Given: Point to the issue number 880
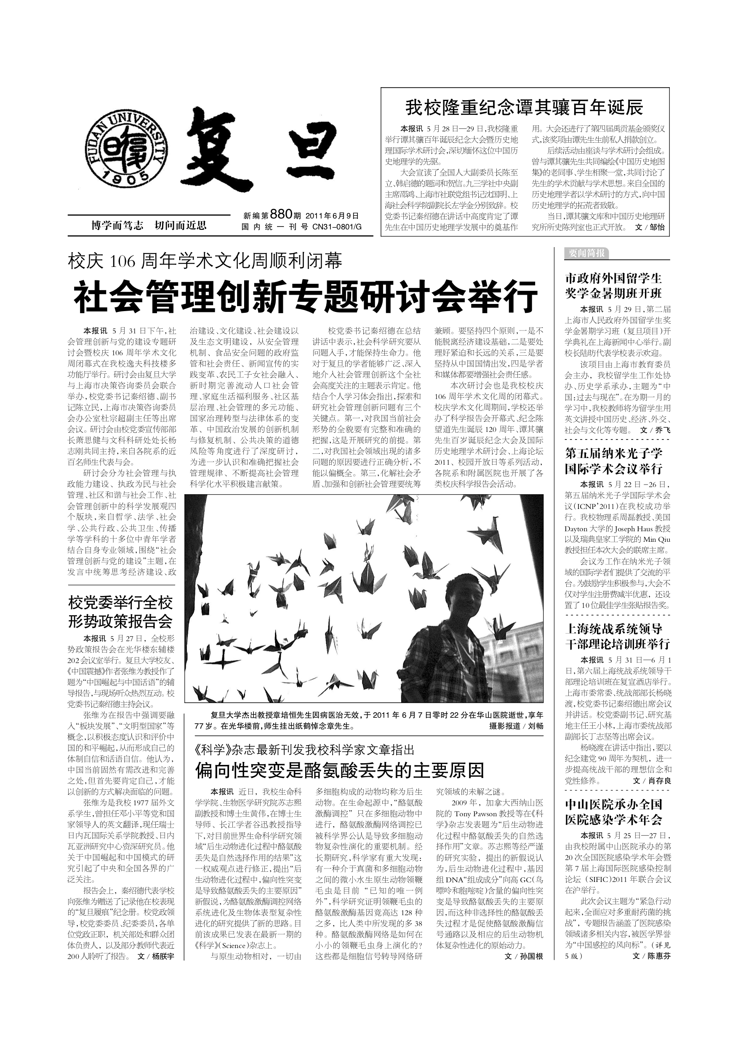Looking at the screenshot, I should point(280,214).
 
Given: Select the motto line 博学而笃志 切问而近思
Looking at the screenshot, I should point(149,225).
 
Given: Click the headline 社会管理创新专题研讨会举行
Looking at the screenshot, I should point(306,296).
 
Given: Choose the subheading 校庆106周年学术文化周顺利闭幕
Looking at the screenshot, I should point(205,261).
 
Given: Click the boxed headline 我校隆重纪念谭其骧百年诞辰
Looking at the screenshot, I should point(524,108).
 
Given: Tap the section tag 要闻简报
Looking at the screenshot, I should point(586,253).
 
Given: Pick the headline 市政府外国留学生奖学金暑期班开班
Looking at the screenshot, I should point(613,285).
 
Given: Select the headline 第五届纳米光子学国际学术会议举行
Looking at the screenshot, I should point(613,461).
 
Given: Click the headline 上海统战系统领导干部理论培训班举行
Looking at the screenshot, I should point(617,636).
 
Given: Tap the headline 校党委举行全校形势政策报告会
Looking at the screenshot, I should point(120,612).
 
